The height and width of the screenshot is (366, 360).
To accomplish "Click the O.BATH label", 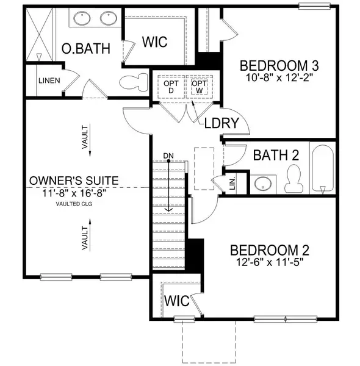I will pos(86,49).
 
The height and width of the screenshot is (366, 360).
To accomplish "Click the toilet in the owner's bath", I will pos(136,81).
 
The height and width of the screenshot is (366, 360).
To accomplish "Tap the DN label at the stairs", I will pos(169,156).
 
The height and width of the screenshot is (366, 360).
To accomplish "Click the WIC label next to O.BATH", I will pos(155,42).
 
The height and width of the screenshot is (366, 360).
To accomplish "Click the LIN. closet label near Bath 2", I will pos(232,182).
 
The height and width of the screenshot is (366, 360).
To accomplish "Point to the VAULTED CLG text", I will pos(75,205).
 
